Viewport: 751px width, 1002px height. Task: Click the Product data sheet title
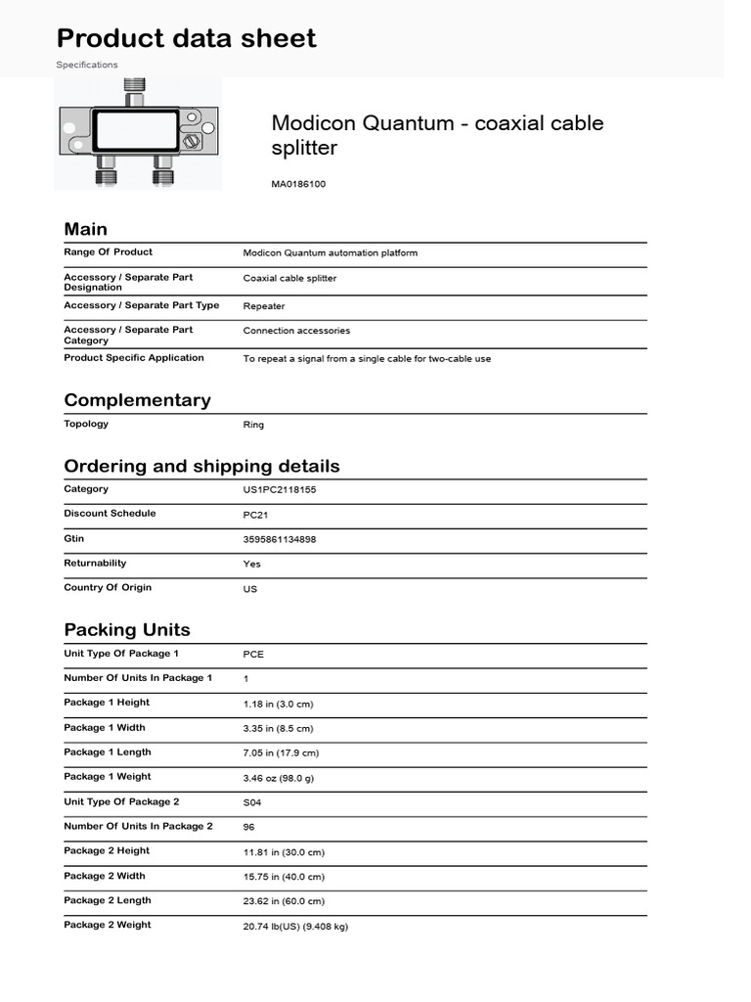click(x=187, y=38)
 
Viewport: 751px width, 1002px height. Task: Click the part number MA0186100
click(x=298, y=184)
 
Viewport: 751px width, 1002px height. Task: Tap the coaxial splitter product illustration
click(x=140, y=134)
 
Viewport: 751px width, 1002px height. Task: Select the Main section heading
click(x=86, y=229)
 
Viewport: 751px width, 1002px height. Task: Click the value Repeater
click(x=264, y=305)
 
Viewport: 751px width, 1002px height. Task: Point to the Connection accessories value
click(x=296, y=331)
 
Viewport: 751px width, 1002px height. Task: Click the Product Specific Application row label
click(x=134, y=358)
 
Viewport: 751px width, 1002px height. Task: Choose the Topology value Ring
click(x=253, y=425)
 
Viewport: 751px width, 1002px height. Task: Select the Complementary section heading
click(x=137, y=400)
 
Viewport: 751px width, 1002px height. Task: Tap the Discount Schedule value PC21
click(x=255, y=515)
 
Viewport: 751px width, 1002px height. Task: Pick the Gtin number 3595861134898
click(x=280, y=539)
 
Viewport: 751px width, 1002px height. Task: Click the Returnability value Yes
click(x=252, y=564)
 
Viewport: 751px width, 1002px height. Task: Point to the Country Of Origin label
click(x=108, y=588)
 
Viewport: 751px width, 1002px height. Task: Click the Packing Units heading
click(x=127, y=629)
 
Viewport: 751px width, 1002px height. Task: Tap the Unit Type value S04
click(x=252, y=802)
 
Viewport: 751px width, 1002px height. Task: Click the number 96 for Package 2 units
click(x=249, y=827)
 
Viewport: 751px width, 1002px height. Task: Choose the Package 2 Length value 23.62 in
click(x=284, y=901)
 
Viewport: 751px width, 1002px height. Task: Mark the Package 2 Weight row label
click(x=108, y=925)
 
